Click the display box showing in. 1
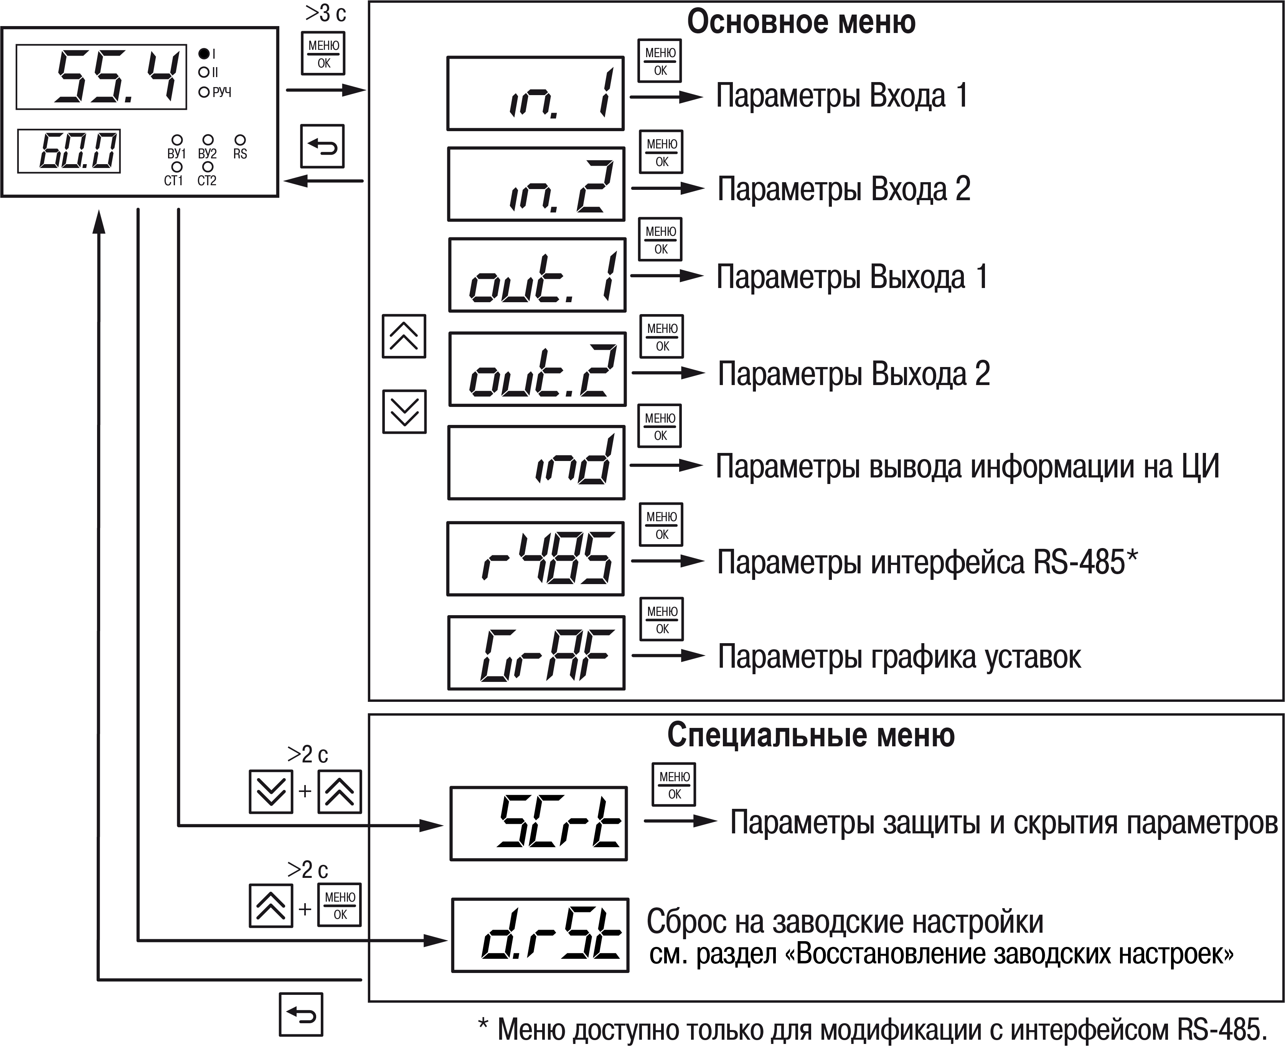pyautogui.click(x=535, y=94)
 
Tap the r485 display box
pyautogui.click(x=535, y=558)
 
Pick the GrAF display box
pyautogui.click(x=536, y=653)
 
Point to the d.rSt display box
pyautogui.click(x=540, y=935)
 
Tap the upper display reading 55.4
pyautogui.click(x=101, y=77)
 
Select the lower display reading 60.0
pyautogui.click(x=69, y=151)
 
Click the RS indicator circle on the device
pyautogui.click(x=239, y=140)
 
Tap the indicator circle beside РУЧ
pyautogui.click(x=204, y=92)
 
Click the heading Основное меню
pyautogui.click(x=801, y=22)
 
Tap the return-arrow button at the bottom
pyautogui.click(x=301, y=1014)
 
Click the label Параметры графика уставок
pyautogui.click(x=899, y=657)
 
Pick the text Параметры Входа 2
pyautogui.click(x=843, y=189)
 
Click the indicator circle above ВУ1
pyautogui.click(x=177, y=140)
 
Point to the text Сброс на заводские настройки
pyautogui.click(x=845, y=922)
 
